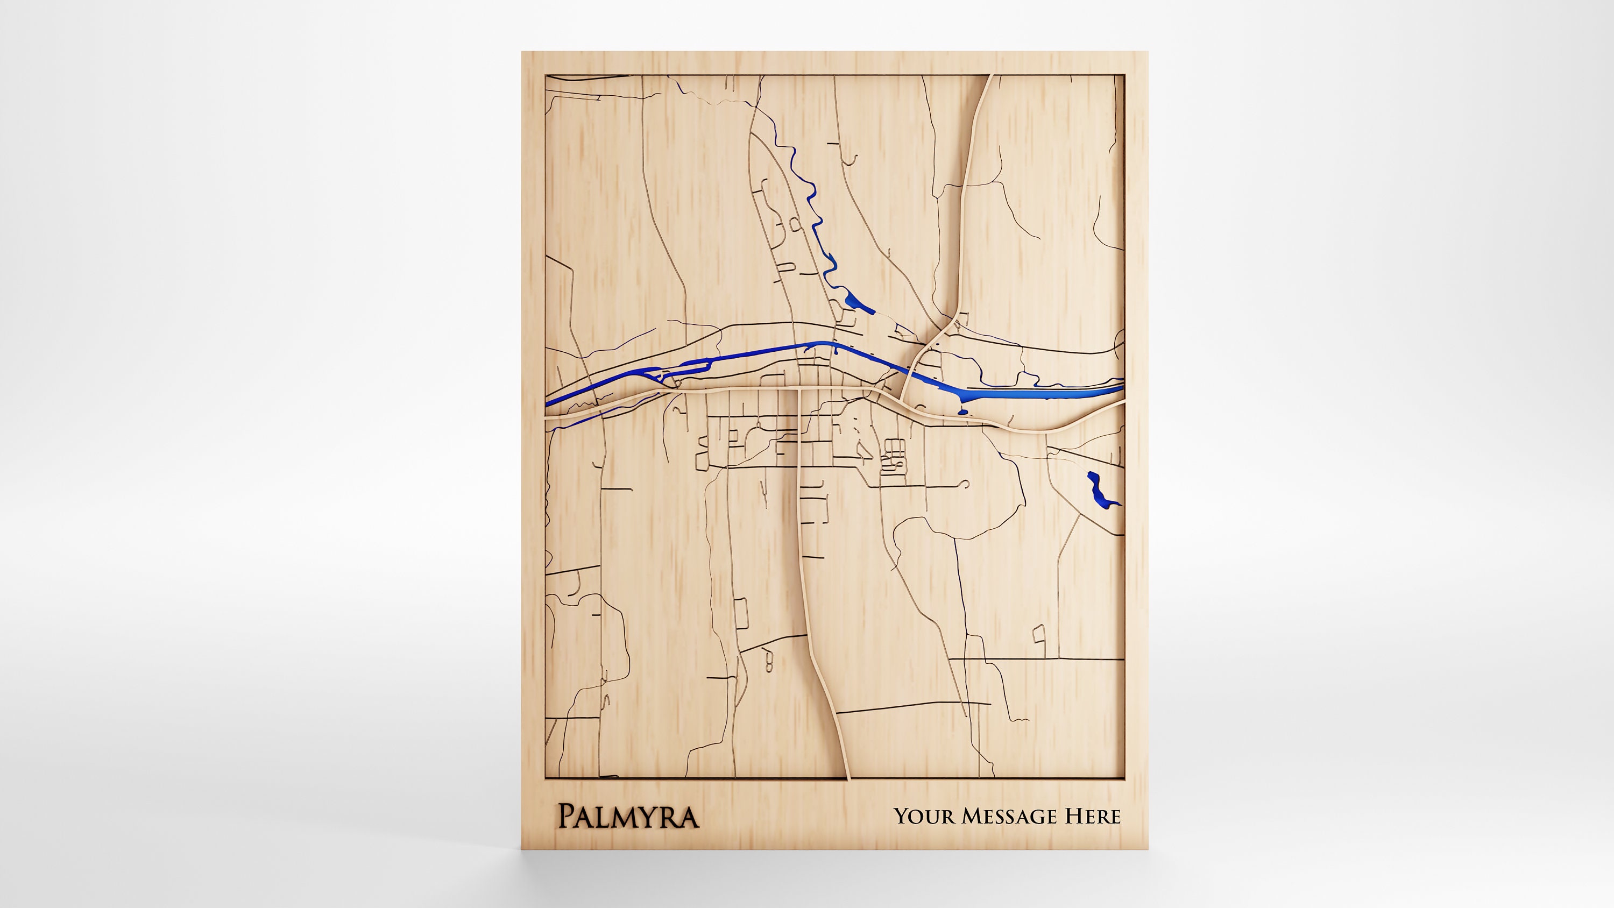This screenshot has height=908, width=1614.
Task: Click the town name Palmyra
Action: (x=628, y=817)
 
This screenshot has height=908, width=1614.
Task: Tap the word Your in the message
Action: (x=924, y=816)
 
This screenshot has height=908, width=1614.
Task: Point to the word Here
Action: (x=1093, y=816)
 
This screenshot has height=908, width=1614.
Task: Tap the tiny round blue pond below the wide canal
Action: (x=963, y=412)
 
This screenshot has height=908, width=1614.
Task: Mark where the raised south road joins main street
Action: (x=799, y=390)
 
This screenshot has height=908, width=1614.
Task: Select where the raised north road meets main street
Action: (x=902, y=398)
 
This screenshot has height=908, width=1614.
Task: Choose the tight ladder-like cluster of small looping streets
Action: (x=893, y=456)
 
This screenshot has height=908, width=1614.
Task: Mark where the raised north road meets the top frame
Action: (x=990, y=76)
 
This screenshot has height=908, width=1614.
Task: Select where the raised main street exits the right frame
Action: (x=1122, y=404)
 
